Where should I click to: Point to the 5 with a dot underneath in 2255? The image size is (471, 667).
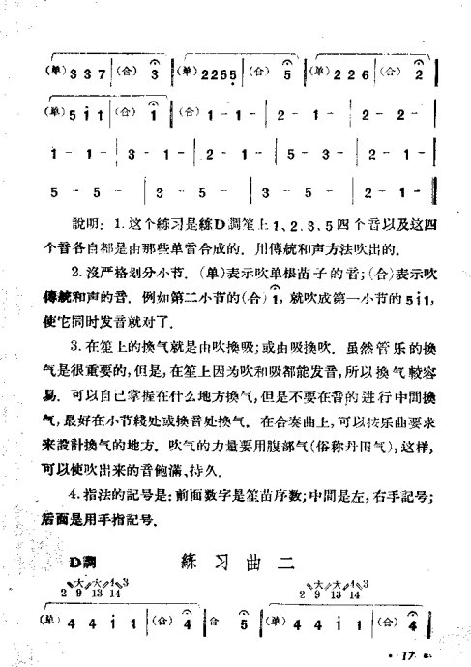point(235,76)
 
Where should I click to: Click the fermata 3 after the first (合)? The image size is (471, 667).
point(154,74)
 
